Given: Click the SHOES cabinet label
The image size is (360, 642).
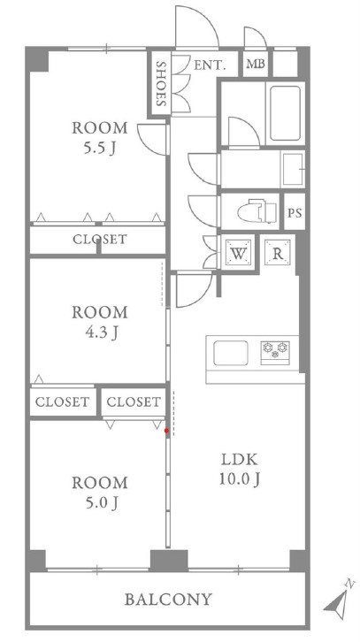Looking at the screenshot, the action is [x=161, y=84].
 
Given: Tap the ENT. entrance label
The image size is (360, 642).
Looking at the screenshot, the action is [x=210, y=65].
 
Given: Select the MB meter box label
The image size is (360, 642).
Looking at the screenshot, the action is [x=256, y=65].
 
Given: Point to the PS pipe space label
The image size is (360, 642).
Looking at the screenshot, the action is [x=295, y=213].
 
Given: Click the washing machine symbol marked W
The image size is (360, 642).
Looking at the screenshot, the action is [x=238, y=254].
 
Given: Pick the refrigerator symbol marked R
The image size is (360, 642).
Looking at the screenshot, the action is [x=277, y=253].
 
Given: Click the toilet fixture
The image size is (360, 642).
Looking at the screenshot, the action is [x=257, y=211].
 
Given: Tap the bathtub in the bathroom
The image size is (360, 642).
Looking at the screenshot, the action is [x=285, y=113].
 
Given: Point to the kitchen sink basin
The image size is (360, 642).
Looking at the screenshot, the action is [x=231, y=353].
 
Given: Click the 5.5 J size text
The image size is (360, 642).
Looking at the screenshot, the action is [x=100, y=149].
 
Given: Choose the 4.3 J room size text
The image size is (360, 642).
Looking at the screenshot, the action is [x=100, y=332].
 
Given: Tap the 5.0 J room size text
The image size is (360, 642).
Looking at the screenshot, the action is [x=100, y=502].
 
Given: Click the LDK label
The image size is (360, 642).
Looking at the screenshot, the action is [x=240, y=460].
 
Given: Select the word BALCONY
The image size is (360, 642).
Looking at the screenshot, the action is [x=168, y=600].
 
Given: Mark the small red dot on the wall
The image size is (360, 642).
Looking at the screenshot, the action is [x=166, y=431].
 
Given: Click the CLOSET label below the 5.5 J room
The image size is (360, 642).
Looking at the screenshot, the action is [x=100, y=239].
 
